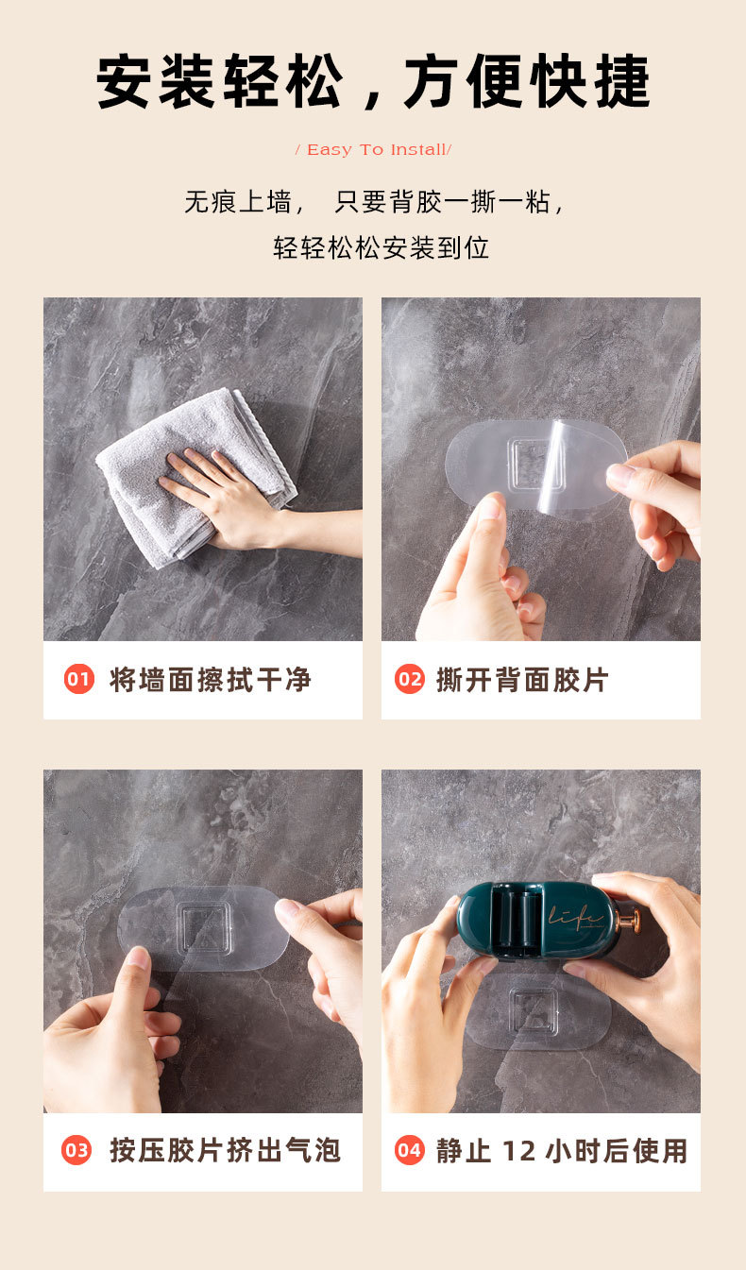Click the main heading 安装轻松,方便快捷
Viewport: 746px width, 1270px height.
click(373, 83)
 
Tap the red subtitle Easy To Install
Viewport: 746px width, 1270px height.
click(373, 150)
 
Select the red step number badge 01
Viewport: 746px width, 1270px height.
click(79, 679)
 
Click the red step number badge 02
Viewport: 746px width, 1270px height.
click(409, 679)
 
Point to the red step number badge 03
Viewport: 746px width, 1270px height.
click(76, 1150)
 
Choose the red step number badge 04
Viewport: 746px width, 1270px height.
click(409, 1150)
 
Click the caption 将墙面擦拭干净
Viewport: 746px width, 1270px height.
click(210, 679)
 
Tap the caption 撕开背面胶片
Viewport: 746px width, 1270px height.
click(522, 679)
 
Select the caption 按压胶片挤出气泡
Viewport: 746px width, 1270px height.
click(225, 1150)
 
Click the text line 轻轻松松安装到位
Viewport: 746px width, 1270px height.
click(381, 248)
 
